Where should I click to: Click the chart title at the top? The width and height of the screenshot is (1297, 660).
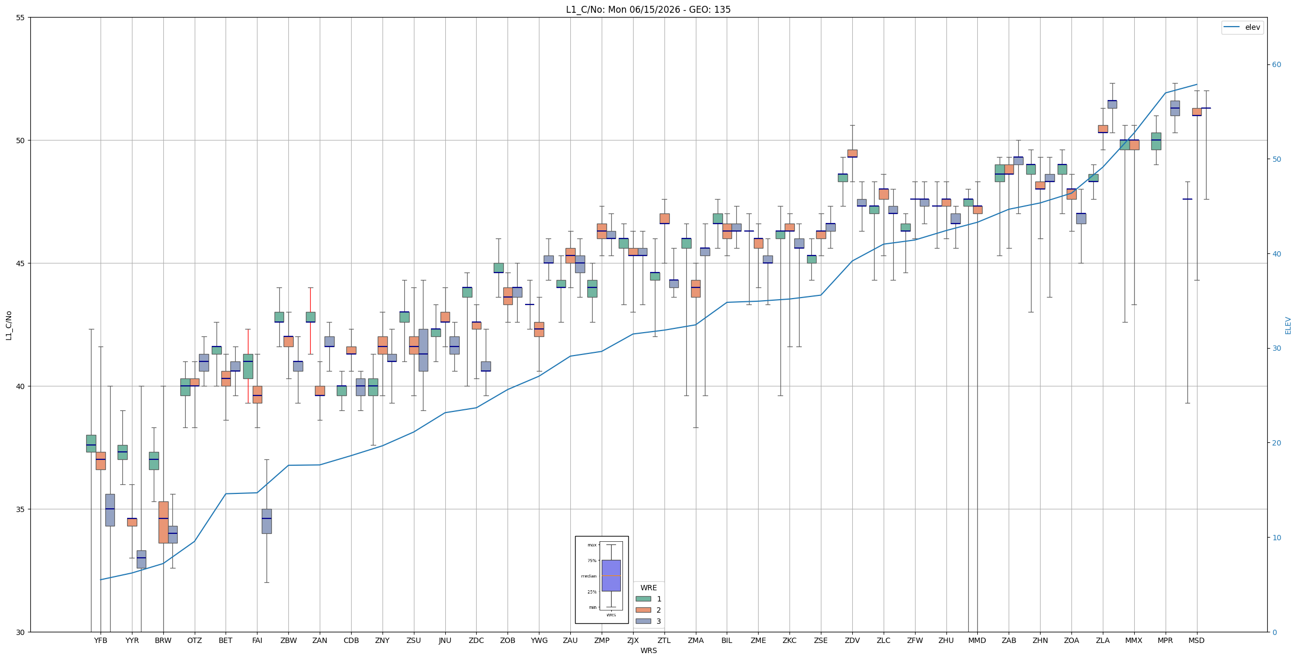click(648, 10)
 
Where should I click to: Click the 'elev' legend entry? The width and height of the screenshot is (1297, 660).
click(1242, 27)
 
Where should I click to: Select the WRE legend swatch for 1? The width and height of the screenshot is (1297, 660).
click(643, 599)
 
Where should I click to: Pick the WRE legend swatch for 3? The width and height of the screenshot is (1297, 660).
click(643, 621)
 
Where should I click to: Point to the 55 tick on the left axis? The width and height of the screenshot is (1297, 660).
click(21, 18)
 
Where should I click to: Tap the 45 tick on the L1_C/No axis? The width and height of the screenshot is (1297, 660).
click(21, 263)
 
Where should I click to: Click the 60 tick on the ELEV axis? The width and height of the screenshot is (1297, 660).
click(1276, 65)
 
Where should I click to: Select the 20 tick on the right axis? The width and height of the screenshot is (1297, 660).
click(1276, 443)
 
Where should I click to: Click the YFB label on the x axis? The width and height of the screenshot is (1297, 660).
click(101, 640)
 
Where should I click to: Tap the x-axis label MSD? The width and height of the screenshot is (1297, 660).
click(1196, 640)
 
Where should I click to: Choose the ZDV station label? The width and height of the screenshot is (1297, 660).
click(852, 640)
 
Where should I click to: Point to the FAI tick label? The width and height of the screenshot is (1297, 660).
click(257, 640)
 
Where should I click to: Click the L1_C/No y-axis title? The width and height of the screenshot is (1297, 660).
click(9, 325)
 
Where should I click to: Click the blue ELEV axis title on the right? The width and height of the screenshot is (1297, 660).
click(1288, 325)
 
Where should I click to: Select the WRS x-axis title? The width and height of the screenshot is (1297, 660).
click(648, 650)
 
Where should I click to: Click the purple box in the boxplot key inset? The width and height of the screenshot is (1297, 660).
click(611, 575)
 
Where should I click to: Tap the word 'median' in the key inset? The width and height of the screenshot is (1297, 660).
click(588, 576)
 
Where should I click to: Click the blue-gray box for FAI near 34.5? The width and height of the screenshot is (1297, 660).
click(267, 521)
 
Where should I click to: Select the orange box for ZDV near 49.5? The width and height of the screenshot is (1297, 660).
click(852, 153)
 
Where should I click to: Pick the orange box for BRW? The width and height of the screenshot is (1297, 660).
click(163, 522)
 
